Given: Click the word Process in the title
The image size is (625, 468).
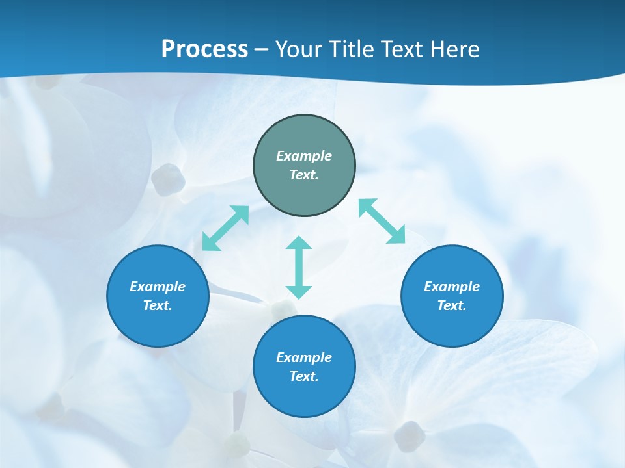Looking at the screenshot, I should [204, 49].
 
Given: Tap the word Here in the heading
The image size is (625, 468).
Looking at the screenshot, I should [454, 49].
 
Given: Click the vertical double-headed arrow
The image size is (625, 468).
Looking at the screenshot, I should [299, 268].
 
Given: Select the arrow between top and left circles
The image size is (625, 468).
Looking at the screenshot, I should [225, 228].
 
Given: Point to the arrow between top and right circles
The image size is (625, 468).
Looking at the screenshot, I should [382, 221].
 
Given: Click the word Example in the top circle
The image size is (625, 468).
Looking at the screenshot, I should [304, 156].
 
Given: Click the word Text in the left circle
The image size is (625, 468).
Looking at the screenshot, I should [158, 305].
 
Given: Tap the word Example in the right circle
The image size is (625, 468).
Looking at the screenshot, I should [452, 287].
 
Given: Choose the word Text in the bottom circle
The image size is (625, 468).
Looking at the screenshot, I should [304, 376].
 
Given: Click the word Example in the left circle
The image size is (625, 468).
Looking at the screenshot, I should [158, 287].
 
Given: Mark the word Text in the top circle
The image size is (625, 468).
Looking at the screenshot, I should [304, 175].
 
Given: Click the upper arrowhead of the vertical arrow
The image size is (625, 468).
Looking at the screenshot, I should [299, 242].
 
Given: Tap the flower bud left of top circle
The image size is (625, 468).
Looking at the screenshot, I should [169, 179].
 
